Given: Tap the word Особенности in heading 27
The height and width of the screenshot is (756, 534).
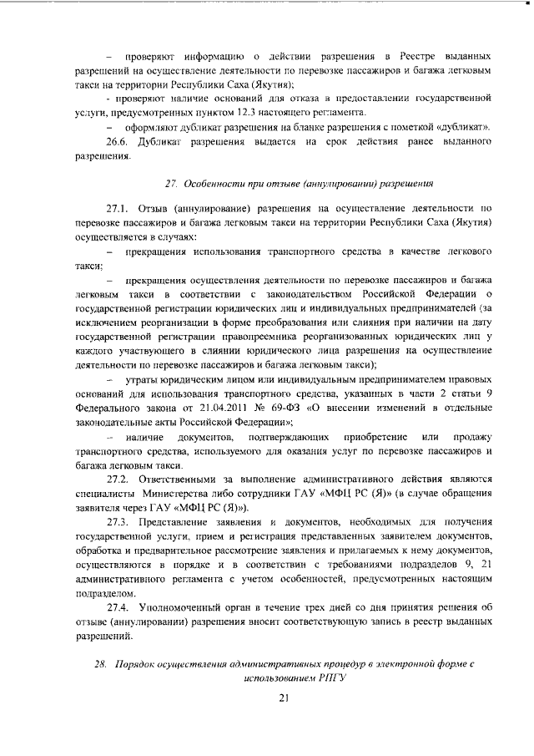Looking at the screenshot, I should [x=219, y=182].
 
